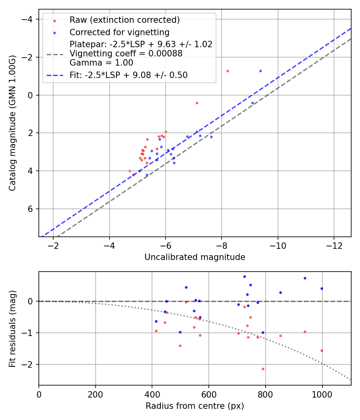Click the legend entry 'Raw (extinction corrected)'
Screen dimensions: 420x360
pos(124,20)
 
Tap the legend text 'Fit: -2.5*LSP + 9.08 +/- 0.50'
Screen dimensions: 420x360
pos(128,75)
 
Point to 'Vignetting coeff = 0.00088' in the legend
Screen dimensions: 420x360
pos(126,54)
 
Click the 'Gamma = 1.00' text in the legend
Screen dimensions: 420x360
pos(101,63)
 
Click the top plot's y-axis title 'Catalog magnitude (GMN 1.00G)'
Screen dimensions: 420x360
pos(13,123)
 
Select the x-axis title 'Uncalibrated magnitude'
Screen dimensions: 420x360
pos(195,257)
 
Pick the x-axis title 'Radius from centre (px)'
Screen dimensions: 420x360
pos(195,406)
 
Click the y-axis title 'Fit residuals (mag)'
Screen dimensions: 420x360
pos(13,328)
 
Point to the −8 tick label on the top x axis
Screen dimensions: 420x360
pos(222,245)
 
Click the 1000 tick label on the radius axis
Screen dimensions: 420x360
pos(322,394)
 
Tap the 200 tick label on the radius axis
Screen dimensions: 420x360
pos(95,394)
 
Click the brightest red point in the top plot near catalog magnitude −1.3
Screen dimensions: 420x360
pos(228,71)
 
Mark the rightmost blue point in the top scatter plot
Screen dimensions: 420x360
pos(260,71)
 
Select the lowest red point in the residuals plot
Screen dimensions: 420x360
pos(263,369)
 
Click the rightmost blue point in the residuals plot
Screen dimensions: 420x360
pos(322,288)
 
